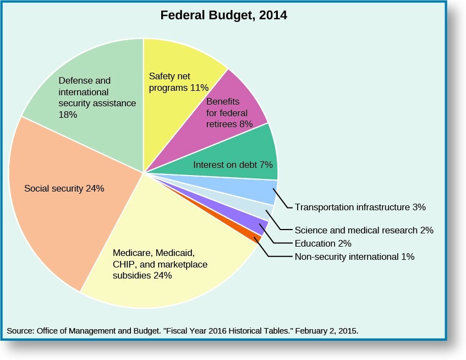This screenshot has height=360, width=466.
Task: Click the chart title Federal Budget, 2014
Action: click(223, 15)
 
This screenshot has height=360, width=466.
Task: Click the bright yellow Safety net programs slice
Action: click(176, 72)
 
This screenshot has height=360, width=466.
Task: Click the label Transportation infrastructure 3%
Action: click(360, 208)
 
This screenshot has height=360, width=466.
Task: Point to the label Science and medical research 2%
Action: click(364, 230)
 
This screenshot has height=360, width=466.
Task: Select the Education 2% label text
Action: click(323, 243)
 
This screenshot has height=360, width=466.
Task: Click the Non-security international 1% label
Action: click(354, 257)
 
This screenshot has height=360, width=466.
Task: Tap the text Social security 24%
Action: click(64, 188)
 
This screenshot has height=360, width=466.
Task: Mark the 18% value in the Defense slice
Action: click(68, 115)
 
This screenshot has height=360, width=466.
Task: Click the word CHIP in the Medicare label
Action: click(123, 265)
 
